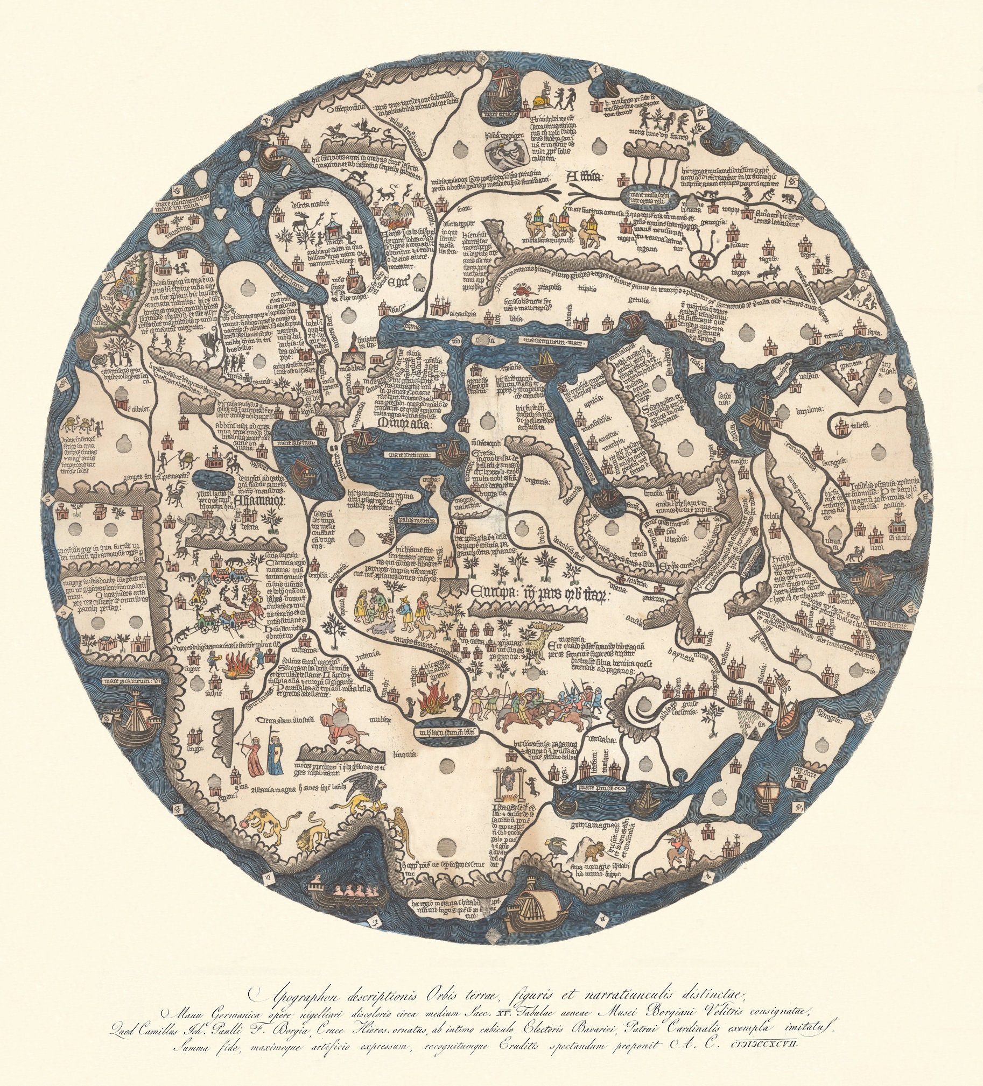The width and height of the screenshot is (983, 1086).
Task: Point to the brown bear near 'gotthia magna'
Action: click(595, 851)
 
